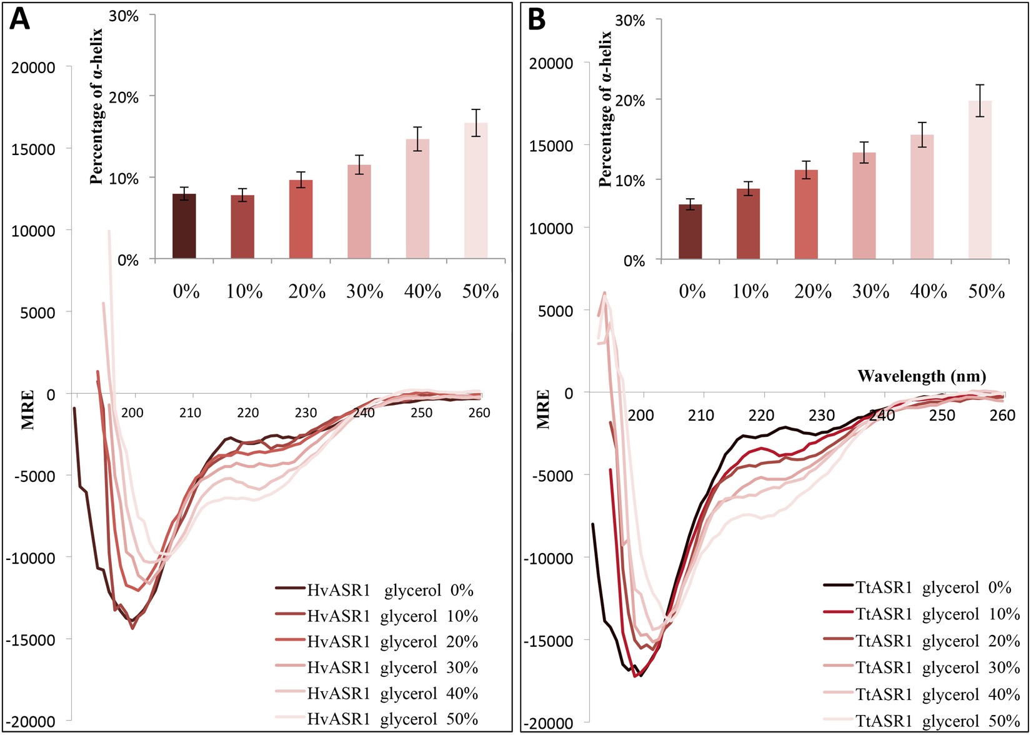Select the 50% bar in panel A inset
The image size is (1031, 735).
coord(476,191)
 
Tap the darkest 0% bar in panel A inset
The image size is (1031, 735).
coord(184,226)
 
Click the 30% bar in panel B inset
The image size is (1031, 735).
coord(864,206)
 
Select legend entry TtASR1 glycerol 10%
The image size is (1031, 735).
coord(922,614)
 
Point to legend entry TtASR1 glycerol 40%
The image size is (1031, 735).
coord(922,694)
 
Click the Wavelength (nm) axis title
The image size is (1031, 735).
coord(922,376)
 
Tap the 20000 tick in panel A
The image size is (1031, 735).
coord(33,67)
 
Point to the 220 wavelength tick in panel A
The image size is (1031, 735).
coord(248,412)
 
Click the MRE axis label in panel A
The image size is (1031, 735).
coord(28,409)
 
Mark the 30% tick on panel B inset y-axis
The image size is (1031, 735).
coord(630,21)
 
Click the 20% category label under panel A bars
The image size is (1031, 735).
coord(307,291)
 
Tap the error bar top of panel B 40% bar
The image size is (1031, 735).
coord(922,122)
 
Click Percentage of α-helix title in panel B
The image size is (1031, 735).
coord(605,109)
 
